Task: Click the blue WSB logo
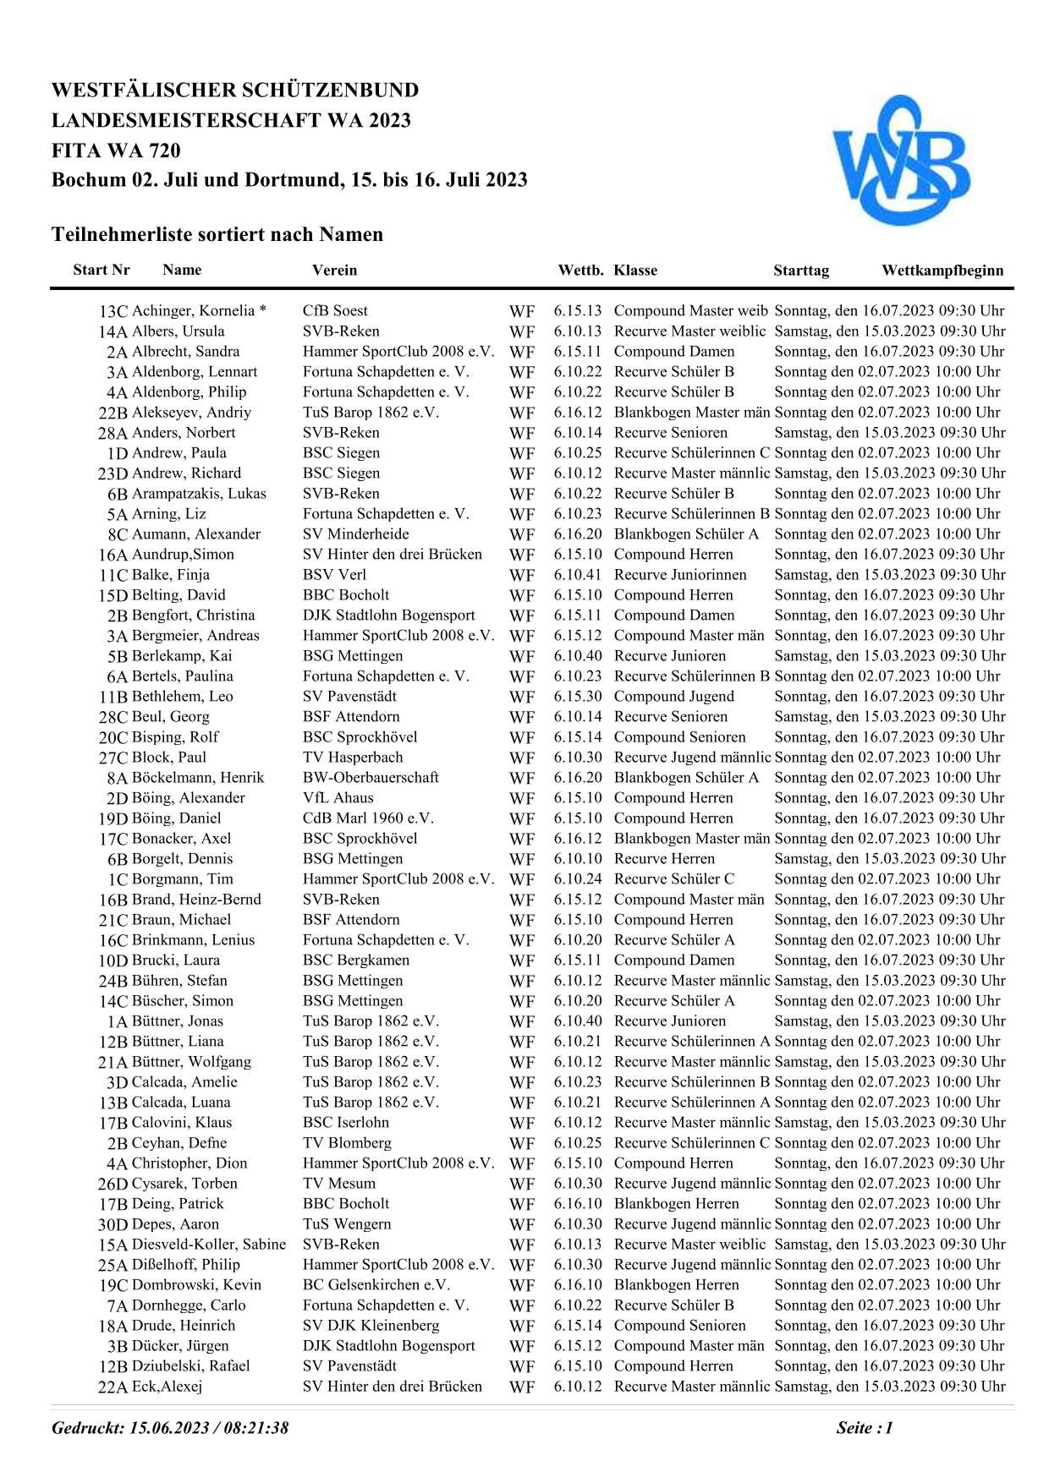click(x=900, y=161)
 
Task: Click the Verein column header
click(x=334, y=271)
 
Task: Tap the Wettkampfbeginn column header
click(x=942, y=271)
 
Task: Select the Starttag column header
click(x=800, y=271)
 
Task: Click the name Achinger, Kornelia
click(x=194, y=311)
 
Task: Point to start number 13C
click(x=113, y=312)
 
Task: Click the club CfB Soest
click(x=335, y=311)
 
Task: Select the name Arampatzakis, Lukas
click(x=199, y=494)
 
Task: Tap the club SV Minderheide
click(x=355, y=534)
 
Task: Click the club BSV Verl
click(x=334, y=575)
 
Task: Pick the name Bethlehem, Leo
click(x=182, y=697)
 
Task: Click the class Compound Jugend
click(x=673, y=697)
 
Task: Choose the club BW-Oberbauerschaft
click(x=371, y=778)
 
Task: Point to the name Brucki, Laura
click(x=175, y=960)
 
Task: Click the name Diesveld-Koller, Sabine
click(x=208, y=1245)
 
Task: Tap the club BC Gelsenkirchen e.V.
click(x=376, y=1285)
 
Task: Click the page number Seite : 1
click(x=864, y=1428)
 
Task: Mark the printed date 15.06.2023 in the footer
click(x=170, y=1428)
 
